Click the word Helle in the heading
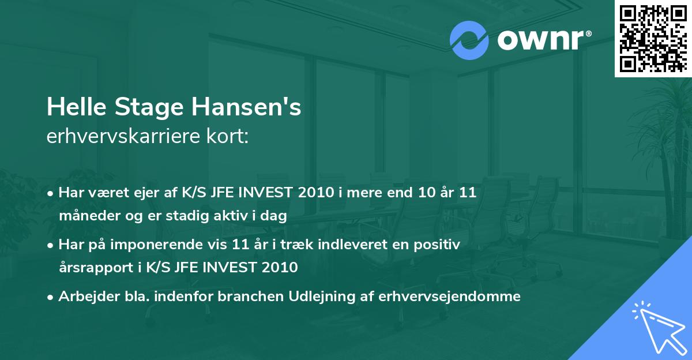pos(77,107)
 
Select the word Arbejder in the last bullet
pos(84,297)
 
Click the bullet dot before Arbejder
pos(51,297)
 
